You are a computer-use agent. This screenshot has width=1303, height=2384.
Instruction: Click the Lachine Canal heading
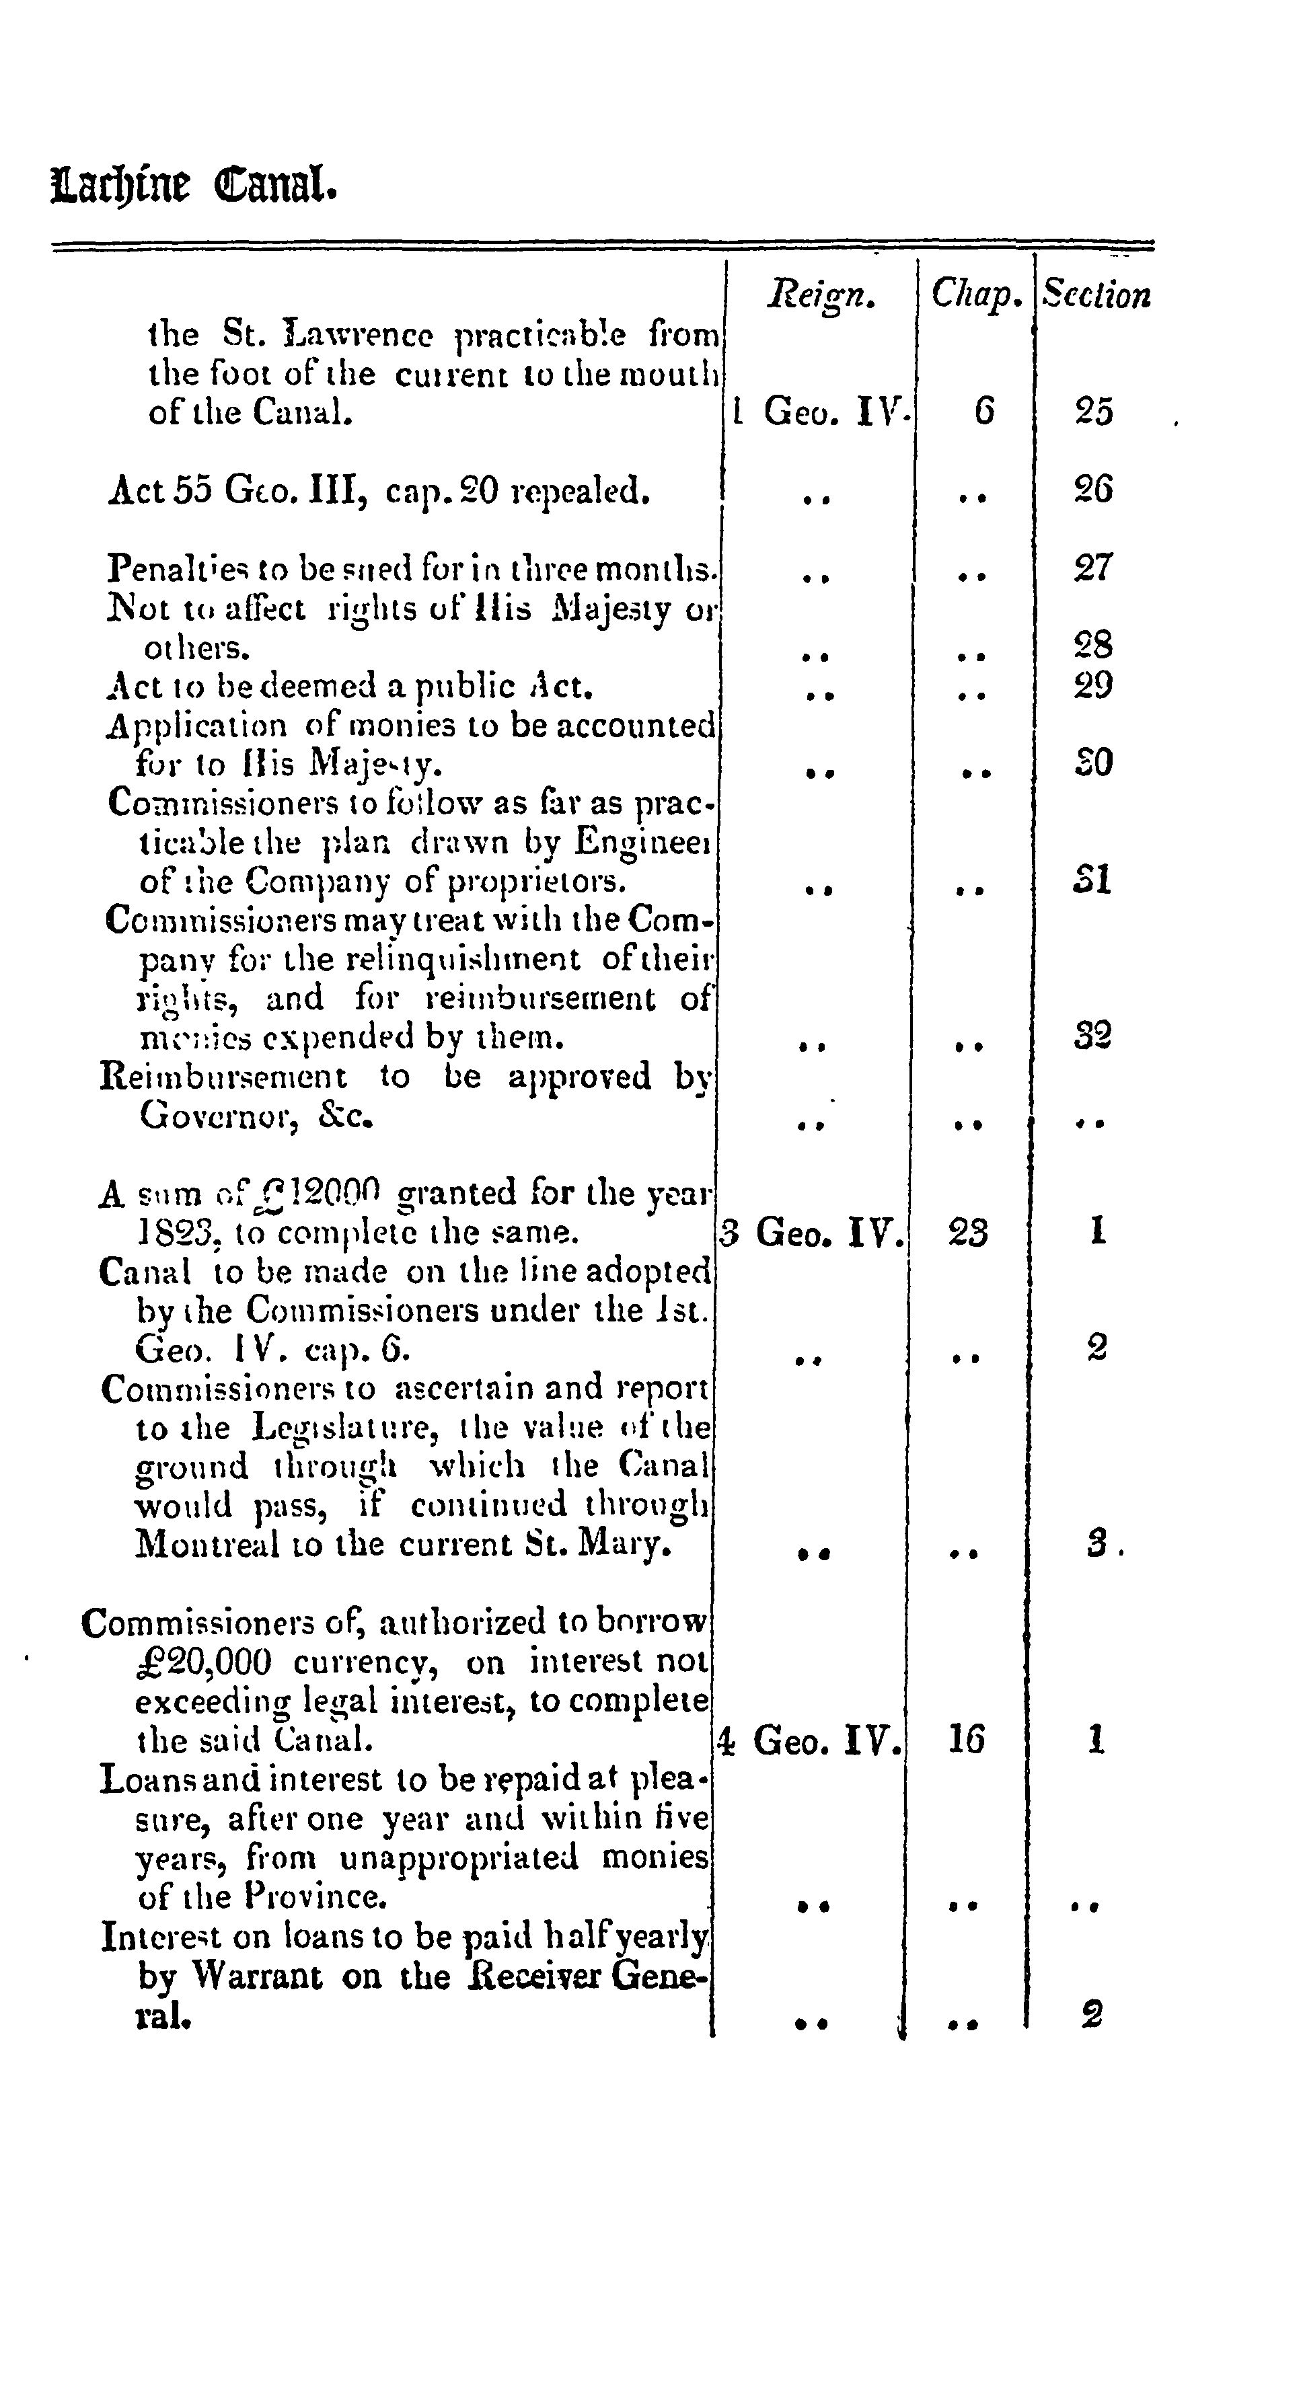(x=194, y=186)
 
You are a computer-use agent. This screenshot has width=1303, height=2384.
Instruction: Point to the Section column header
(x=1096, y=295)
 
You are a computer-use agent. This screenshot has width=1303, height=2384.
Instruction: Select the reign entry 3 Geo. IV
(x=811, y=1233)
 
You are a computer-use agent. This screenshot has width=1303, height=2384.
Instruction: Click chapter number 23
(x=968, y=1233)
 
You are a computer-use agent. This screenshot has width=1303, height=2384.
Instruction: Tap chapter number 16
(x=967, y=1741)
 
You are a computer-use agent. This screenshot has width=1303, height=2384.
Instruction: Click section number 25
(x=1094, y=412)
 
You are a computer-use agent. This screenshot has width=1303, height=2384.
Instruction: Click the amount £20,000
(x=204, y=1663)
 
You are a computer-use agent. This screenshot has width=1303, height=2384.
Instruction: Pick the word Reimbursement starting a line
(x=224, y=1077)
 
